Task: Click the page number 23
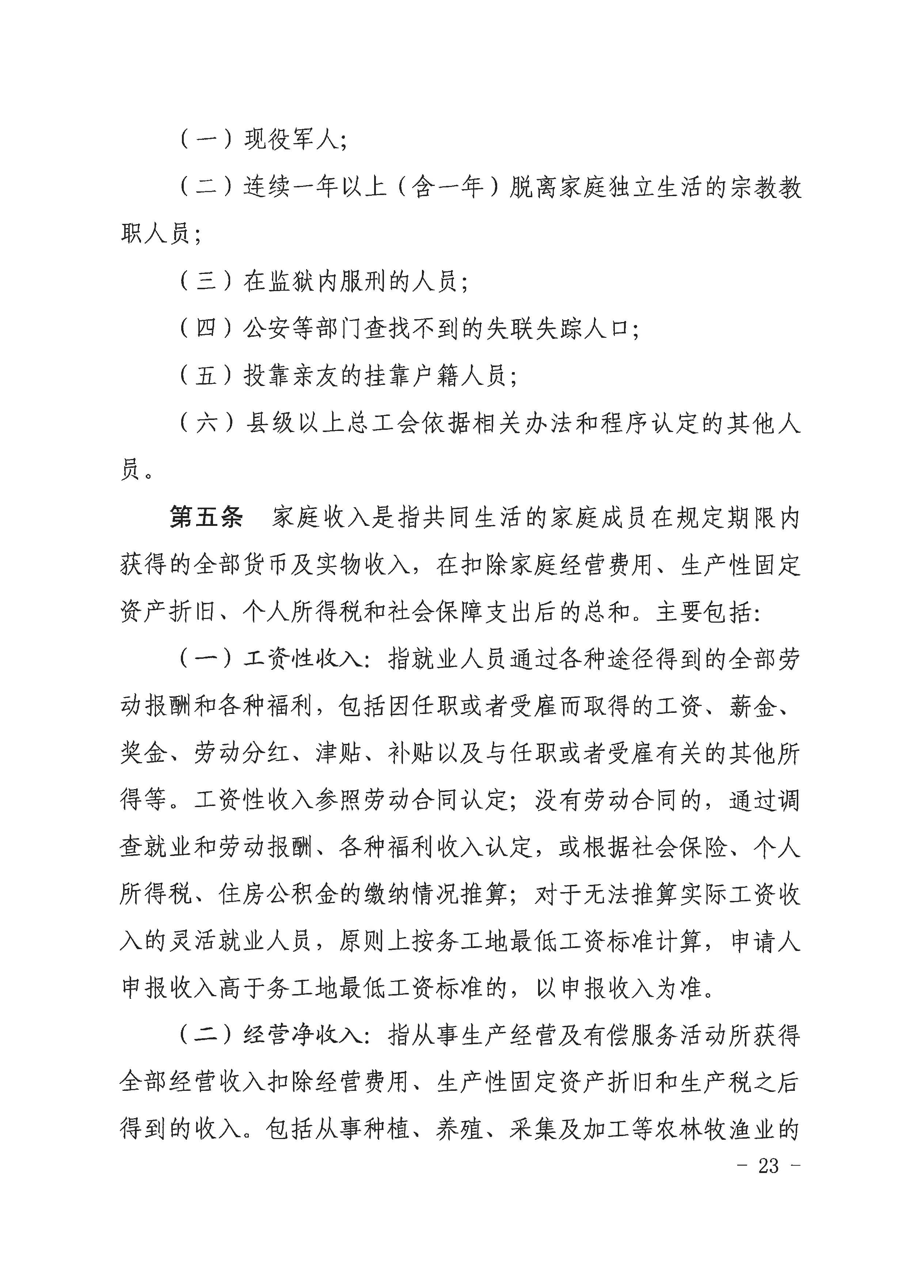(x=768, y=1166)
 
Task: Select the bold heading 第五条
(x=206, y=517)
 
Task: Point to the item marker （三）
(x=206, y=281)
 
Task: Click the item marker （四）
(x=206, y=329)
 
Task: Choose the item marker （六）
(x=206, y=424)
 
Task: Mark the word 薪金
(x=753, y=707)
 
